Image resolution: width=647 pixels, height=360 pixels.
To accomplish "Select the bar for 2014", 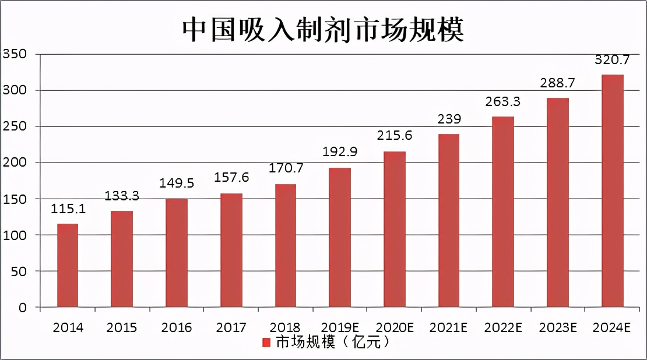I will (x=68, y=266).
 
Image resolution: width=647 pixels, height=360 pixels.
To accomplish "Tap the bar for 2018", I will (x=285, y=246).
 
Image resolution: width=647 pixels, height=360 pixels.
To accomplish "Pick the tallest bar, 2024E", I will (x=612, y=191).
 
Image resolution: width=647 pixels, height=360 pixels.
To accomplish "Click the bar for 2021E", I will (x=449, y=221).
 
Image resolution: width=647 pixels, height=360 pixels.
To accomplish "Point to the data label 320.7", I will (x=612, y=60).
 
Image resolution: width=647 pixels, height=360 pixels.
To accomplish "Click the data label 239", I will (x=449, y=119).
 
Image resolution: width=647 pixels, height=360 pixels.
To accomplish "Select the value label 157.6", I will (x=231, y=178).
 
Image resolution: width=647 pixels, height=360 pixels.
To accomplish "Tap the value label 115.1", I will (x=68, y=209).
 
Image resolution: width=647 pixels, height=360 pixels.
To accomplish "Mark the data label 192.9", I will (x=340, y=153).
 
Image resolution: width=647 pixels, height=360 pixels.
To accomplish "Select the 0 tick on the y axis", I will (x=22, y=308).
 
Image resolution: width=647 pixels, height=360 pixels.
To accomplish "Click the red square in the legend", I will (x=266, y=342).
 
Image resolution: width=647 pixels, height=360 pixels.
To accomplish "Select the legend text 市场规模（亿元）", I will (x=332, y=342).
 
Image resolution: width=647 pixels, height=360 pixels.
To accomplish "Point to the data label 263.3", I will (x=503, y=102).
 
